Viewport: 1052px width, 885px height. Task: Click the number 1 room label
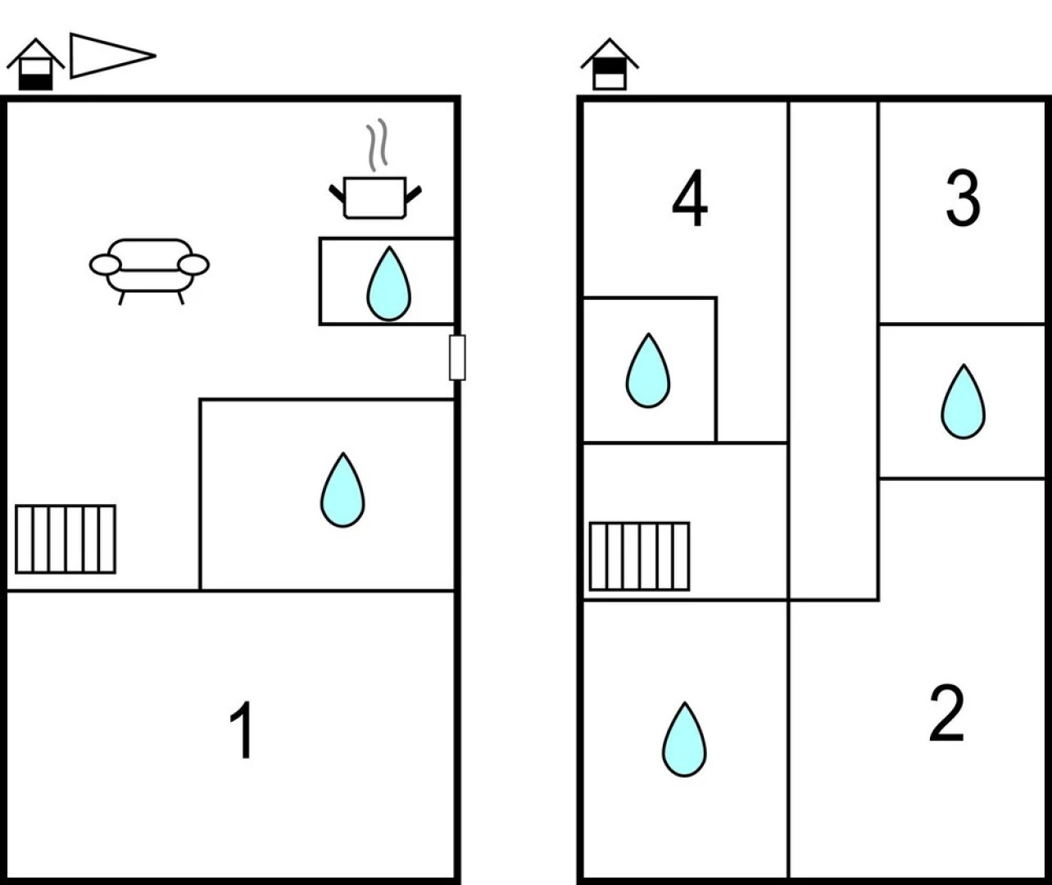click(x=243, y=731)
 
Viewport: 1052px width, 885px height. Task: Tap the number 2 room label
click(x=946, y=714)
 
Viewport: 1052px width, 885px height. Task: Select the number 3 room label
click(x=963, y=199)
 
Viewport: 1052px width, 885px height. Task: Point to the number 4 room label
click(x=690, y=199)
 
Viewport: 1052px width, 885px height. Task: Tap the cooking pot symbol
click(x=375, y=197)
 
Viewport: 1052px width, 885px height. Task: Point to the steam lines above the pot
click(x=376, y=146)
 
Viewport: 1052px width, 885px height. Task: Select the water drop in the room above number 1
click(x=342, y=490)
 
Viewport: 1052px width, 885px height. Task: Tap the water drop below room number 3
click(x=963, y=402)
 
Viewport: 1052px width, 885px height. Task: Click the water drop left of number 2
click(x=684, y=739)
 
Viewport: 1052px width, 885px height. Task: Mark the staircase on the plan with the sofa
click(x=66, y=539)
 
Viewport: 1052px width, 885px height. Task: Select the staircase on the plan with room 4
click(x=639, y=556)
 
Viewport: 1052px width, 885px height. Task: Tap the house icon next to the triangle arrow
click(x=35, y=65)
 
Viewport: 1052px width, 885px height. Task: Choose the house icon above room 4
click(x=610, y=65)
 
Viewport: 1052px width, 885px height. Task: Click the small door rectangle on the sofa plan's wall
click(x=457, y=357)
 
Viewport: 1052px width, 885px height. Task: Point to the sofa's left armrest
click(x=105, y=265)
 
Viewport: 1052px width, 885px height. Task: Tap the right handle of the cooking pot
click(x=414, y=193)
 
